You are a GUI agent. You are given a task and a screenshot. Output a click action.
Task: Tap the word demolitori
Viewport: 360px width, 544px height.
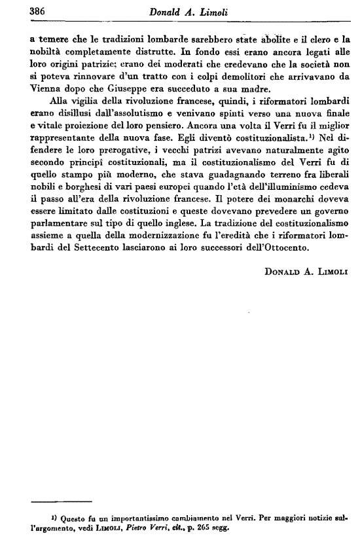coord(217,78)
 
